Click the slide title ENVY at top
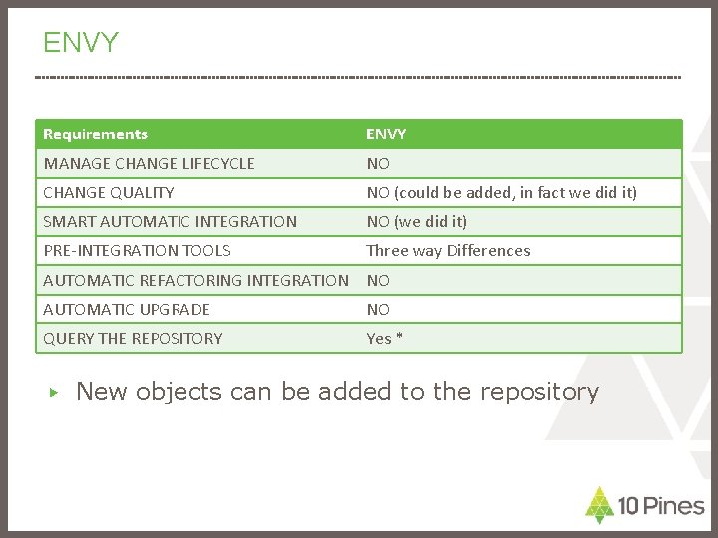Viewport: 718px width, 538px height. (x=81, y=43)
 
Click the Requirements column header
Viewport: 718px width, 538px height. (x=96, y=134)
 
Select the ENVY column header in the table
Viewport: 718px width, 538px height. (x=386, y=134)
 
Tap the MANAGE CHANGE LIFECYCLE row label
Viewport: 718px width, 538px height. (x=149, y=163)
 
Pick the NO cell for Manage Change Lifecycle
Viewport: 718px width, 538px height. (x=378, y=163)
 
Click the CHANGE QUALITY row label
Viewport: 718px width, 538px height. (x=109, y=192)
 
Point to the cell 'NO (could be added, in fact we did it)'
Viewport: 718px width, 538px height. (x=502, y=192)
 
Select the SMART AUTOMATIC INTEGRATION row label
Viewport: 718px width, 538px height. (x=170, y=221)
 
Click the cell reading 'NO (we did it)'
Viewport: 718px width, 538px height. (x=417, y=221)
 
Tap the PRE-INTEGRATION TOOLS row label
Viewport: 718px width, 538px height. (x=137, y=250)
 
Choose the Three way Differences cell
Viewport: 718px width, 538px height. (x=448, y=250)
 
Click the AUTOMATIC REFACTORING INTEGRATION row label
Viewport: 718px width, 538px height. (x=195, y=280)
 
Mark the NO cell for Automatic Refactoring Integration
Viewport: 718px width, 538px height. (x=378, y=280)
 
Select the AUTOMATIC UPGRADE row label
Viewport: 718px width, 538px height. (x=127, y=309)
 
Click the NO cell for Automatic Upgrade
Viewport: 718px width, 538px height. (x=378, y=309)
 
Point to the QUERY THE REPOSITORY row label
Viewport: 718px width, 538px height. (x=133, y=338)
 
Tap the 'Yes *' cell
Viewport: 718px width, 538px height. (x=384, y=338)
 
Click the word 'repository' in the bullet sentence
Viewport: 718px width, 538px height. (x=538, y=393)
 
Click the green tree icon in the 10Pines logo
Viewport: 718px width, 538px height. (x=599, y=505)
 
